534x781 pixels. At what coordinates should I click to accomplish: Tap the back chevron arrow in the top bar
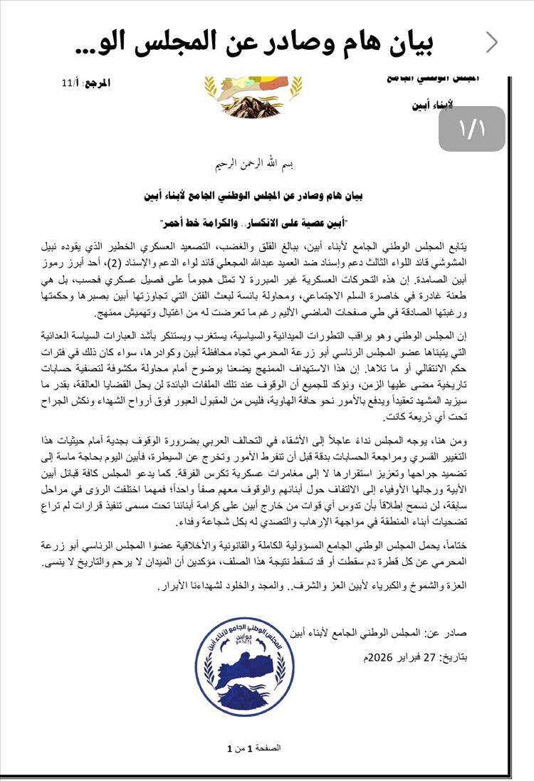click(x=492, y=43)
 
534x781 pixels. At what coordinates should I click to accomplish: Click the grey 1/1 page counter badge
click(x=471, y=129)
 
